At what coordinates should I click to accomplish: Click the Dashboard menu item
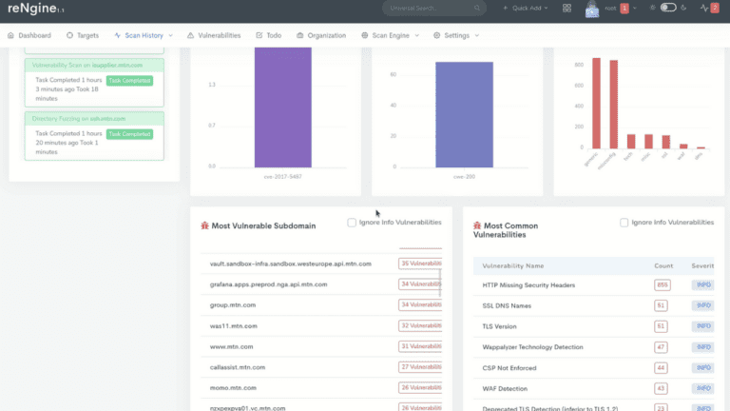tap(35, 35)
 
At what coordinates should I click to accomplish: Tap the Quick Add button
tap(529, 9)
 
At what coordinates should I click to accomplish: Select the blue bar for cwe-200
tap(464, 114)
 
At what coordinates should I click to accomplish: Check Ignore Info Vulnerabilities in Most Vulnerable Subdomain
tap(353, 223)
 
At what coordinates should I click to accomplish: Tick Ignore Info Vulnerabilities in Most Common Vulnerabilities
tap(624, 223)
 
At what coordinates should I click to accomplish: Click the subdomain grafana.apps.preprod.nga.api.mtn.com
tap(268, 284)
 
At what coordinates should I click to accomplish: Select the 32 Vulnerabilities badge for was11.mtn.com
tap(420, 325)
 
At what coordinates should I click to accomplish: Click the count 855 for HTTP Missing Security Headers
tap(661, 284)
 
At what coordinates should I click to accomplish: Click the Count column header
tap(663, 265)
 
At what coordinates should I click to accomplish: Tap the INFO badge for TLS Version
tap(703, 326)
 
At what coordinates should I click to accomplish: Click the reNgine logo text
tap(29, 9)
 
